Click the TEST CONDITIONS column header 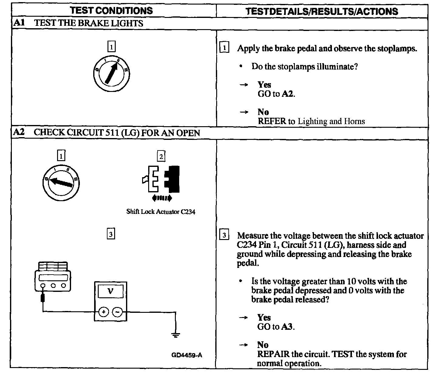click(x=111, y=11)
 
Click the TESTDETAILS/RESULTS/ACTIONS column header click(x=322, y=11)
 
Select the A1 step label click(x=19, y=23)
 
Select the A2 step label click(x=19, y=132)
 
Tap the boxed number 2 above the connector click(x=161, y=156)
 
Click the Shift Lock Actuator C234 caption click(x=161, y=212)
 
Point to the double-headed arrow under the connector click(x=162, y=198)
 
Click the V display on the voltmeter click(x=110, y=292)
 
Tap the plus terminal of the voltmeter click(x=104, y=312)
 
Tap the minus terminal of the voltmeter click(x=118, y=312)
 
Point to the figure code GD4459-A click(x=187, y=355)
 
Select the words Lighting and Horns click(x=331, y=121)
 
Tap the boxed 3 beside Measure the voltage click(x=224, y=235)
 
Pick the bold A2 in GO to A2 click(x=288, y=94)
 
